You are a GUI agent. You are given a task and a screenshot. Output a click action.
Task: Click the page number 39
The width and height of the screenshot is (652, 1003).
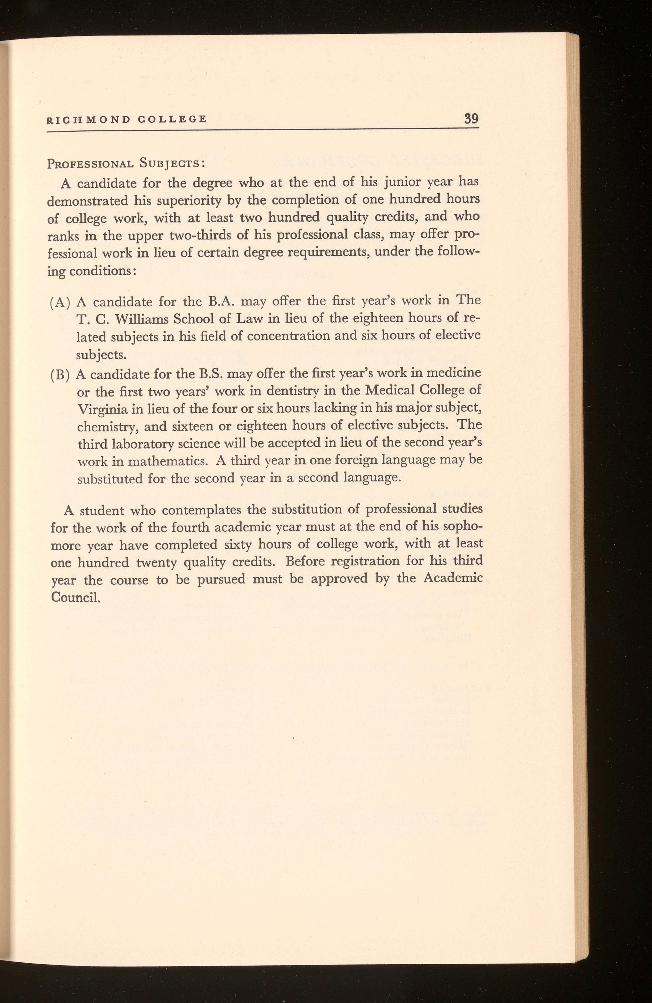pyautogui.click(x=471, y=118)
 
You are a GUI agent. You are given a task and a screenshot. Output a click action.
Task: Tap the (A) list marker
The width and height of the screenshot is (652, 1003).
pyautogui.click(x=59, y=303)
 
